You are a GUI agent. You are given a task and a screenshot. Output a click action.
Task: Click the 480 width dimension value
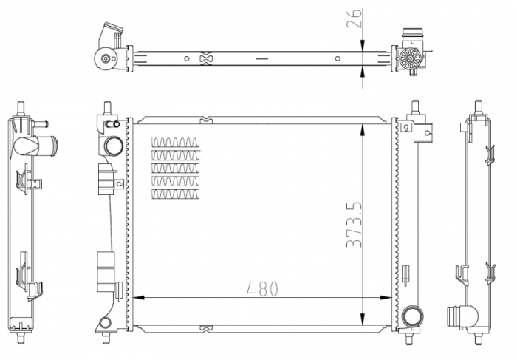point(262,289)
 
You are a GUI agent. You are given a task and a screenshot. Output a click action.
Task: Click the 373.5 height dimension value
point(355,225)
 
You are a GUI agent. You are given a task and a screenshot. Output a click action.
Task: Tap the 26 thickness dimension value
point(355,18)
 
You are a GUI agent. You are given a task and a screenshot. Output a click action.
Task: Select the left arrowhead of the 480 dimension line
point(139,298)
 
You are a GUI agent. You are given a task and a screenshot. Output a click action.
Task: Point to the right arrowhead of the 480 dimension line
point(386,298)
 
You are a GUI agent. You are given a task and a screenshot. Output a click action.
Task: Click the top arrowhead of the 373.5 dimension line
point(363,130)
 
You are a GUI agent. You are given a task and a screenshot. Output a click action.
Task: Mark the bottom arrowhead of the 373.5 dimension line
point(363,319)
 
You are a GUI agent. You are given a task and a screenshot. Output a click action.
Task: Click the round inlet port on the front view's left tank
point(114,146)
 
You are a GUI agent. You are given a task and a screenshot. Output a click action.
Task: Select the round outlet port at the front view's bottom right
point(412,316)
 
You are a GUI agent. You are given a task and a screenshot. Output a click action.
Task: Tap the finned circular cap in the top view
point(410,58)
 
